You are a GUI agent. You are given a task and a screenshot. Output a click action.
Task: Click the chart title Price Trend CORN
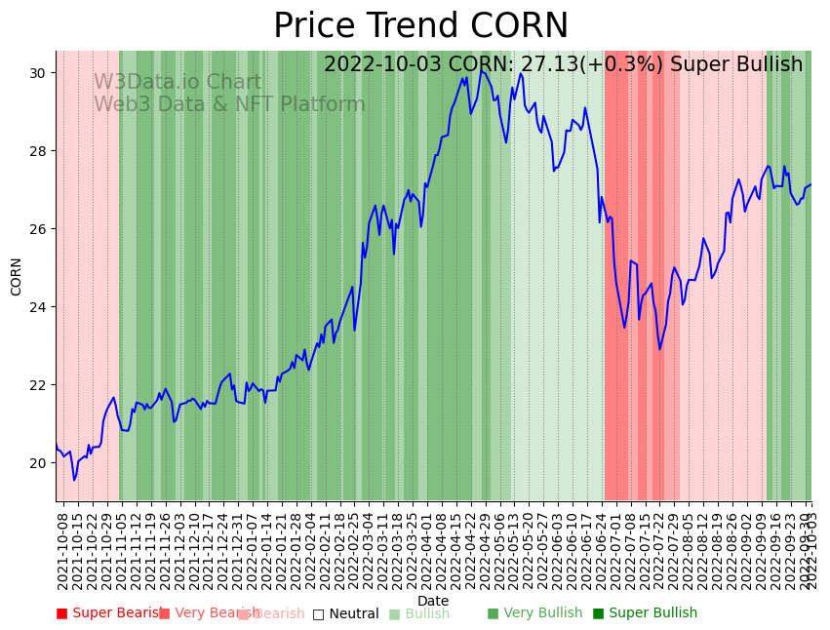pyautogui.click(x=420, y=26)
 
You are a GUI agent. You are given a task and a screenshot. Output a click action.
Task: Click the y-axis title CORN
pyautogui.click(x=17, y=276)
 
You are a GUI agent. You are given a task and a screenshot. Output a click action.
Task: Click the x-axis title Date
pyautogui.click(x=433, y=602)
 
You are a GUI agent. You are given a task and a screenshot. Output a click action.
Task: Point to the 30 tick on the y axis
pyautogui.click(x=40, y=73)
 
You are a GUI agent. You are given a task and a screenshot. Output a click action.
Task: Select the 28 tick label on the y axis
pyautogui.click(x=40, y=151)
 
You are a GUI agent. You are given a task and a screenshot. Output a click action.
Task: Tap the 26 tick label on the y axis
pyautogui.click(x=40, y=229)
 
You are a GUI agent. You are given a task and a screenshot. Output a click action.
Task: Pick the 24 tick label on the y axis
pyautogui.click(x=40, y=307)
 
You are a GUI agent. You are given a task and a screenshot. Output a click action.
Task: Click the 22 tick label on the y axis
pyautogui.click(x=40, y=385)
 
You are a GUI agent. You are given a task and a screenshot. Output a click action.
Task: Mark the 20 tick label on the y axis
pyautogui.click(x=40, y=463)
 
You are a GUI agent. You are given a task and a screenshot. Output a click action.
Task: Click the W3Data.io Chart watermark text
pyautogui.click(x=178, y=83)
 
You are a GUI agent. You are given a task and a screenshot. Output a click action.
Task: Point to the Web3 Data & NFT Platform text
pyautogui.click(x=229, y=104)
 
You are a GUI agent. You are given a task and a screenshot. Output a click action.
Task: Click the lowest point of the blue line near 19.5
pyautogui.click(x=74, y=480)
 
